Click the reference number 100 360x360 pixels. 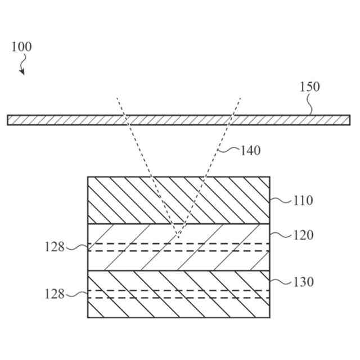(21, 47)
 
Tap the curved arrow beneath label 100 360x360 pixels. (22, 68)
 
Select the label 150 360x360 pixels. (309, 87)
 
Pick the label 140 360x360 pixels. (250, 150)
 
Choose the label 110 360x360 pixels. (303, 200)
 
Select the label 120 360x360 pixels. (303, 235)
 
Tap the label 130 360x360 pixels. (303, 282)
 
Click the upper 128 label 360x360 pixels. (55, 247)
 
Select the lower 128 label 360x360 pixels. (55, 294)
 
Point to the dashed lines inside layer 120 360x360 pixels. (225, 247)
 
